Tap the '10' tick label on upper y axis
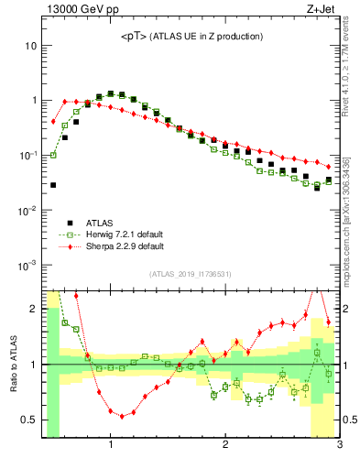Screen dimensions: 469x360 (x=30, y=45)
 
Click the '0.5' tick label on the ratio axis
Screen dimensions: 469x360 (x=29, y=420)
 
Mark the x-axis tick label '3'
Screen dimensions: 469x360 (x=339, y=446)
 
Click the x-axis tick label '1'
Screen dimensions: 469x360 (x=111, y=446)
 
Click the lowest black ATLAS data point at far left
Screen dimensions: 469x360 (x=53, y=185)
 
